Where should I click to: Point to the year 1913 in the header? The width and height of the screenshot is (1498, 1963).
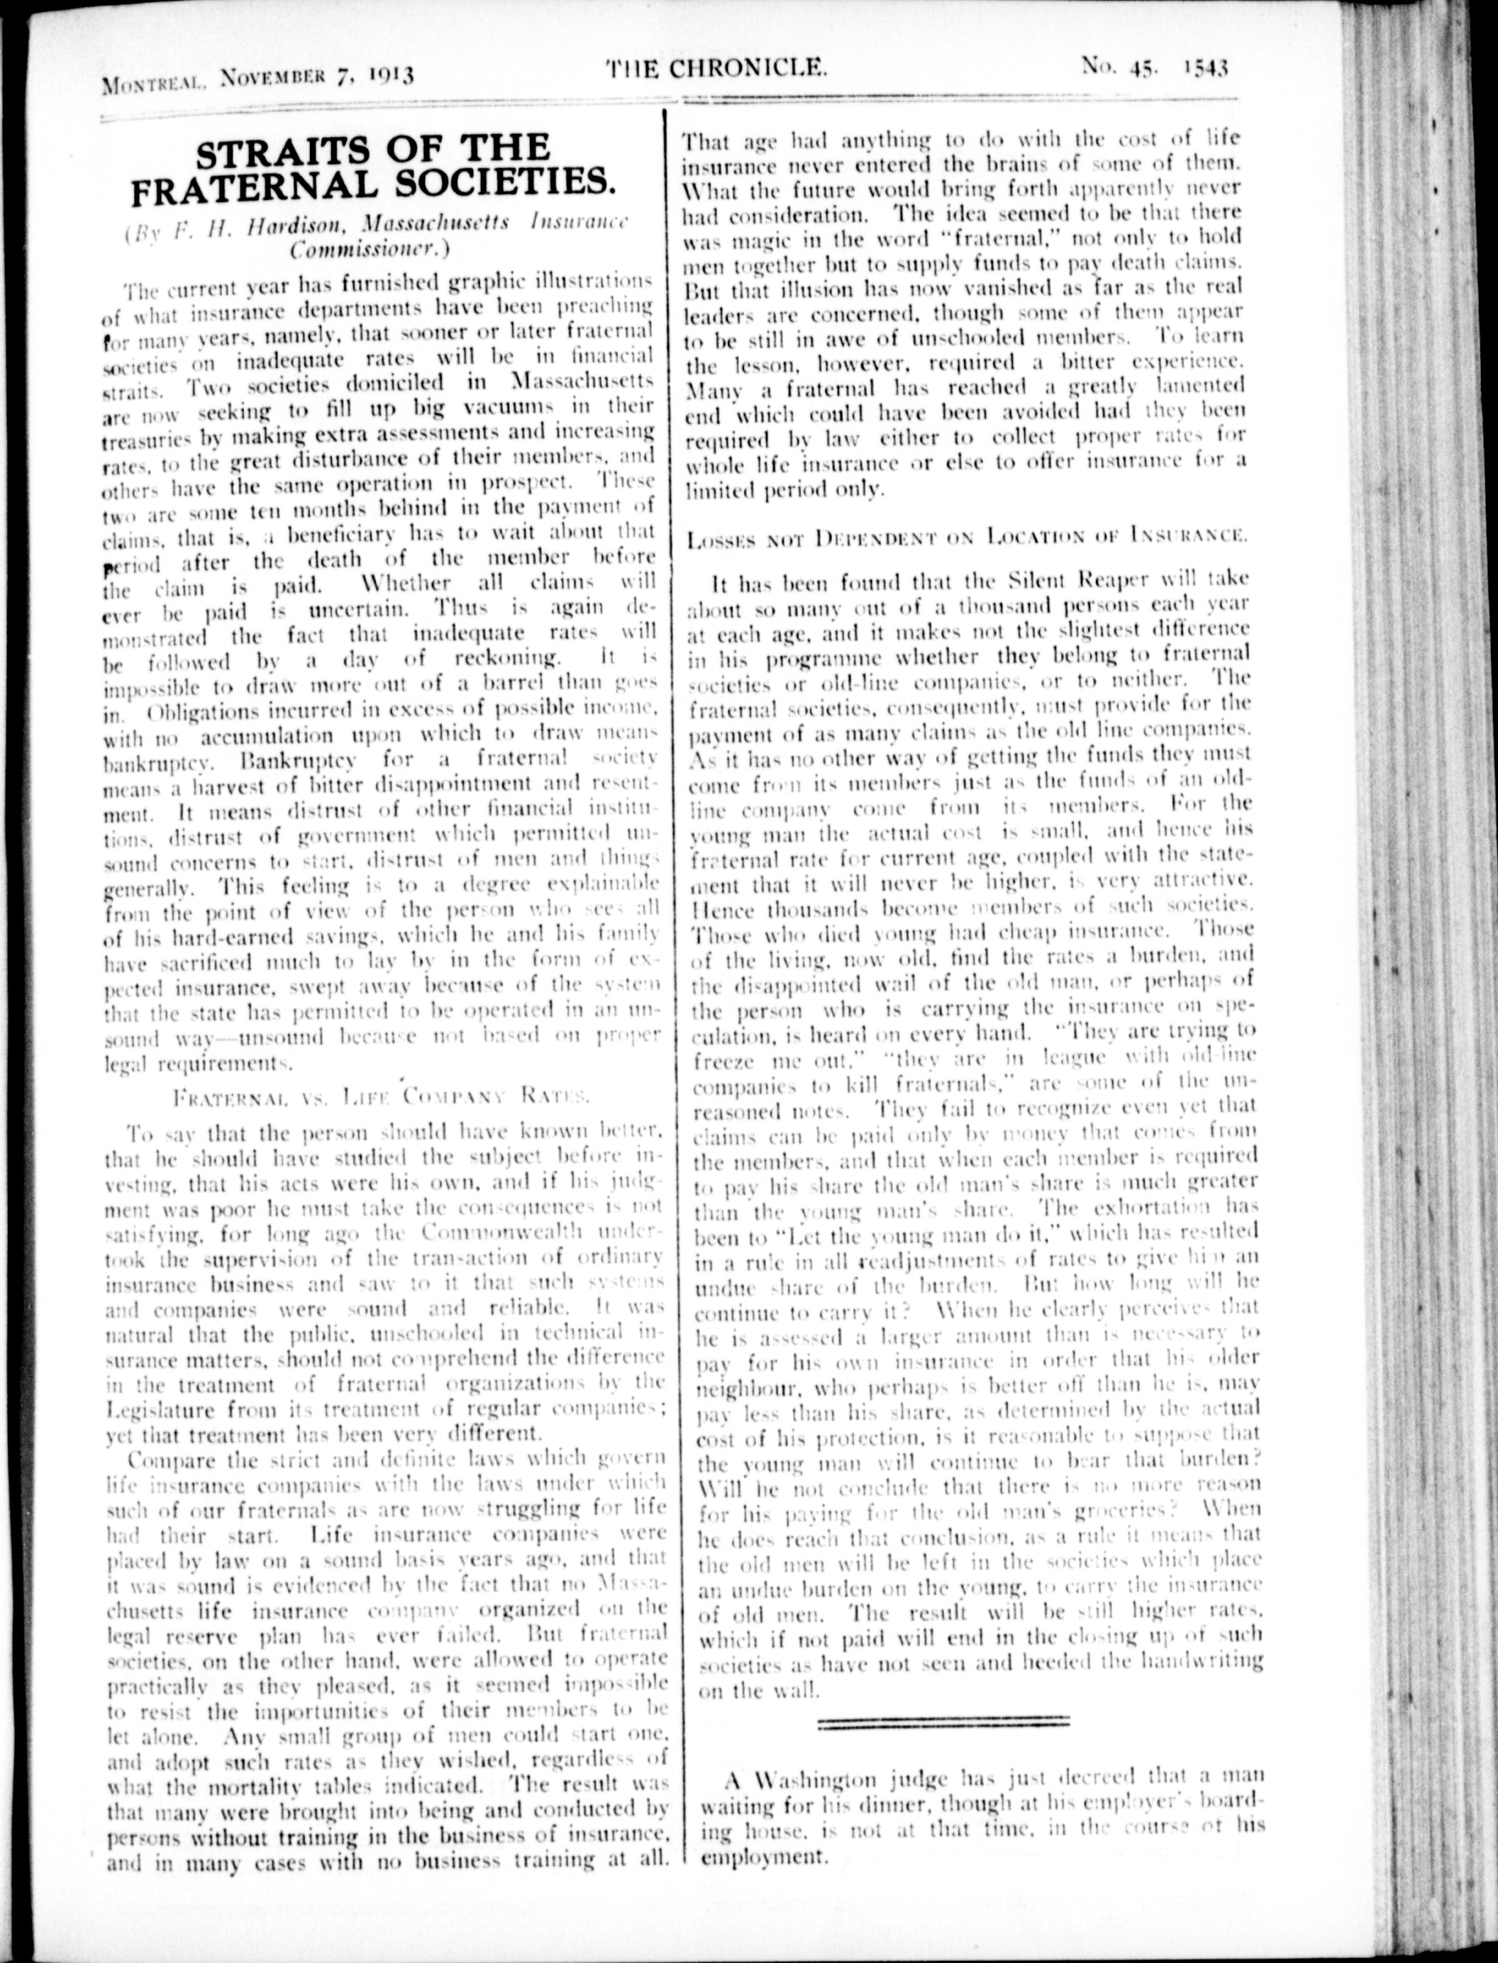tap(386, 73)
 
